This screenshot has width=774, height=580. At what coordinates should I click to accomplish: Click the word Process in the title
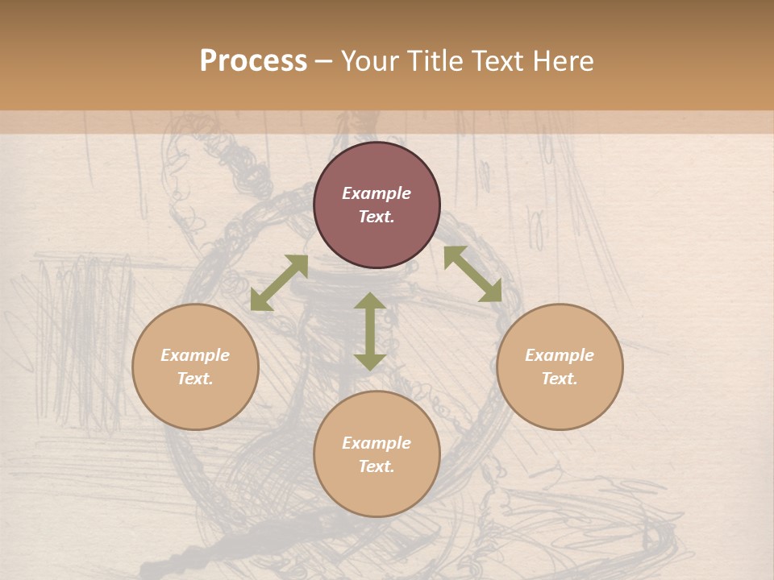(253, 61)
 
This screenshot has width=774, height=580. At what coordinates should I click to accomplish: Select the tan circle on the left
(195, 403)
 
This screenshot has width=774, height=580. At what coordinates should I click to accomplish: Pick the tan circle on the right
(560, 403)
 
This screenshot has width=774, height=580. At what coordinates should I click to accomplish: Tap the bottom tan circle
(377, 491)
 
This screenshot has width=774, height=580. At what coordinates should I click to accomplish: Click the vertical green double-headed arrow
(370, 331)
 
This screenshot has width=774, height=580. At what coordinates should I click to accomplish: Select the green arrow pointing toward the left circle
(279, 283)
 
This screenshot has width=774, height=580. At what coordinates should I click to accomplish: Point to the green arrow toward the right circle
(472, 274)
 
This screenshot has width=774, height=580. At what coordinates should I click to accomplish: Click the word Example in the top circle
(377, 193)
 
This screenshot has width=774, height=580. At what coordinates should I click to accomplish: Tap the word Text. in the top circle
(377, 217)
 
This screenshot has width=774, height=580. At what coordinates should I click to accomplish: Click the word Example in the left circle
(195, 355)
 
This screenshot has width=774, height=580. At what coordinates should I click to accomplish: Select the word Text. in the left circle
(195, 379)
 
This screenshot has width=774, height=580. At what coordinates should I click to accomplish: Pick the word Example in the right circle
(560, 355)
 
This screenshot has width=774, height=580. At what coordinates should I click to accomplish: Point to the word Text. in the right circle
(560, 379)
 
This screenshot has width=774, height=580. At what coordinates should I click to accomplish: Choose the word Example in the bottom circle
(377, 443)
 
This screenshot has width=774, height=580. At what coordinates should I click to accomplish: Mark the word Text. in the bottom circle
(377, 466)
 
